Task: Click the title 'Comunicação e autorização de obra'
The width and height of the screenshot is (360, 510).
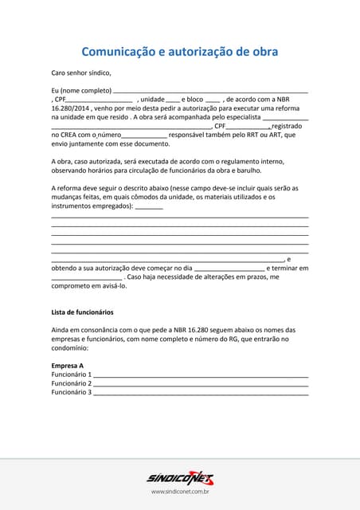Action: (x=179, y=52)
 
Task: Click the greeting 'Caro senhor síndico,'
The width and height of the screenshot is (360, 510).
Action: (x=81, y=73)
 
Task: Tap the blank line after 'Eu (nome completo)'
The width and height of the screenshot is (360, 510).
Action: (x=210, y=91)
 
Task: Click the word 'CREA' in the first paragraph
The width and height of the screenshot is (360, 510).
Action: (x=71, y=135)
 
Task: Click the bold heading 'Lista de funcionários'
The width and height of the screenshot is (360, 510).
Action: (x=82, y=312)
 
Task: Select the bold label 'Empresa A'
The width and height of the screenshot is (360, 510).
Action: (x=68, y=365)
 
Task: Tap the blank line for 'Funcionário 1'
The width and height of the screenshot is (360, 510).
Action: (x=201, y=375)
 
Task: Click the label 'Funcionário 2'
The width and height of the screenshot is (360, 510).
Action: (x=72, y=383)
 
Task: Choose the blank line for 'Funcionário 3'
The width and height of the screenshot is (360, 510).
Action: (x=201, y=393)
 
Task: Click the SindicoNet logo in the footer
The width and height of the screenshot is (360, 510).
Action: (x=180, y=477)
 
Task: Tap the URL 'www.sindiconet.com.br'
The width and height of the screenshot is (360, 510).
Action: (x=180, y=492)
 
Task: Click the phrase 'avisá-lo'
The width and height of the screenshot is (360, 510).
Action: (x=112, y=285)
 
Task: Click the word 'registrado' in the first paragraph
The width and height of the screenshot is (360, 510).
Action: (x=287, y=126)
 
